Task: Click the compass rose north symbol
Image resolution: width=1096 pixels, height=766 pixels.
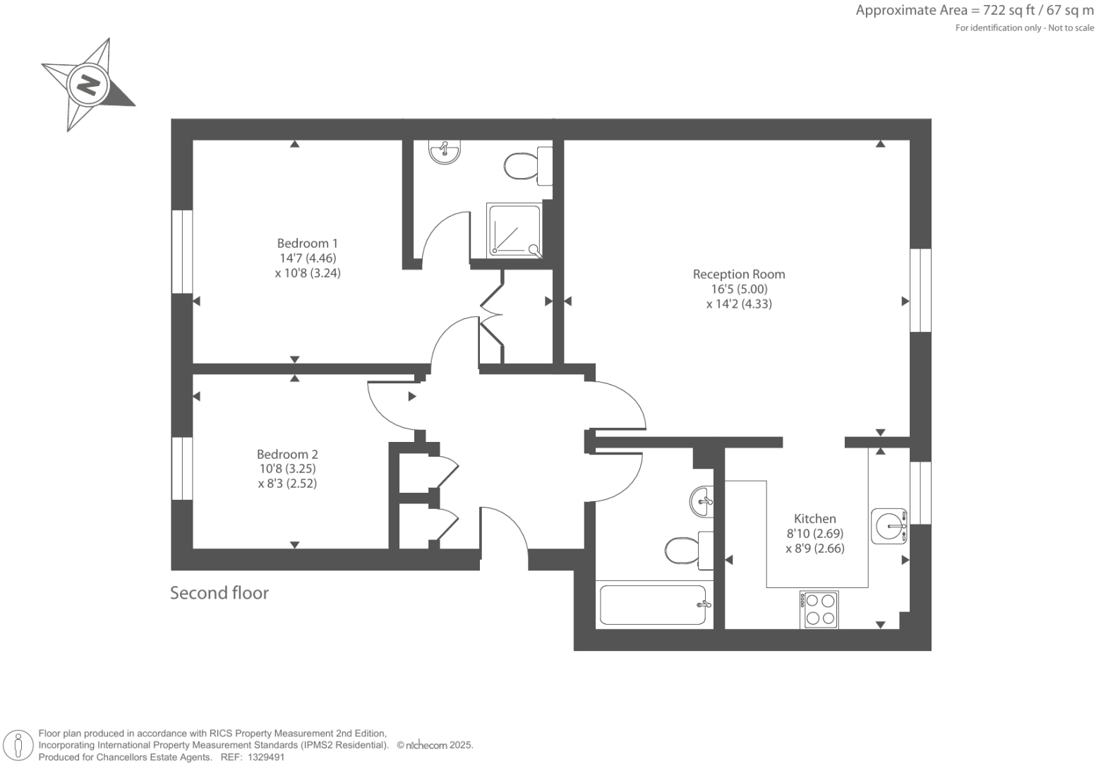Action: pyautogui.click(x=88, y=85)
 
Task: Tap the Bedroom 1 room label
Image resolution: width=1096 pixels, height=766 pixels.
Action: pyautogui.click(x=307, y=244)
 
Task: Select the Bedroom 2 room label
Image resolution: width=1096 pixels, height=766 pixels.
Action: pyautogui.click(x=287, y=454)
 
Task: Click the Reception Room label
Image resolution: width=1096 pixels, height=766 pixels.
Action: pyautogui.click(x=738, y=274)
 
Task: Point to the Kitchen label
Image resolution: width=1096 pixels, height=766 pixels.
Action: pyautogui.click(x=814, y=518)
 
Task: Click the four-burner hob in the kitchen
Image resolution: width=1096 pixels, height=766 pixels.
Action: pyautogui.click(x=819, y=609)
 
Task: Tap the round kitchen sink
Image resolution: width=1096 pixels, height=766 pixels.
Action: pyautogui.click(x=889, y=526)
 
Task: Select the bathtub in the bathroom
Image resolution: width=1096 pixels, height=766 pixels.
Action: pyautogui.click(x=652, y=605)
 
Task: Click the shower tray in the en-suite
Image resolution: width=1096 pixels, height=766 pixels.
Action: pyautogui.click(x=514, y=230)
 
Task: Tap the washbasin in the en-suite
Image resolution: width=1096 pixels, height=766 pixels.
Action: pyautogui.click(x=445, y=151)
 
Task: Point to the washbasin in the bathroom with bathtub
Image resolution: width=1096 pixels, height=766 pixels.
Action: pyautogui.click(x=701, y=502)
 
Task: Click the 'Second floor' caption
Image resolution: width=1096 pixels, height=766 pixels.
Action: pyautogui.click(x=219, y=593)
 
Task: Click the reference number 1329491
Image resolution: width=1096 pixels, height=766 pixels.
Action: pyautogui.click(x=263, y=757)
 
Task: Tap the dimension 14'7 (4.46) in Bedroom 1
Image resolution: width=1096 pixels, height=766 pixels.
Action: pyautogui.click(x=307, y=258)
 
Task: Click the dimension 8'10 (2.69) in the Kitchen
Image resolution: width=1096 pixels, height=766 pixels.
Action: pyautogui.click(x=814, y=534)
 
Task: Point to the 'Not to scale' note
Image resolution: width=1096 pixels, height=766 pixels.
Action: pyautogui.click(x=1071, y=28)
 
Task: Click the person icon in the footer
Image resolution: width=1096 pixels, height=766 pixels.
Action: pyautogui.click(x=18, y=746)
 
